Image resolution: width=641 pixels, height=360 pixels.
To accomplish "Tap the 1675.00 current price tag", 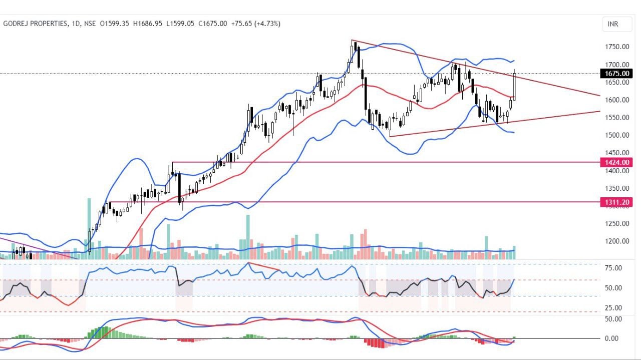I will click(616, 74).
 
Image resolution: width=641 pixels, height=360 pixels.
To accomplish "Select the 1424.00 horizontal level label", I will click(616, 162).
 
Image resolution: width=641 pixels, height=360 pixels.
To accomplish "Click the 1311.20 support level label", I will click(616, 202).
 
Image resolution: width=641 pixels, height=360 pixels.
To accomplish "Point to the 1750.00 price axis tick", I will click(617, 47).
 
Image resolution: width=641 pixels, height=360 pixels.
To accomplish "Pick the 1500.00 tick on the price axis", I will click(617, 135).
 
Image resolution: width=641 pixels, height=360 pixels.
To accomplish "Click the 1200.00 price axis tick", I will click(617, 241).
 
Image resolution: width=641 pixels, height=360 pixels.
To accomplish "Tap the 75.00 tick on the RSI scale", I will click(613, 268).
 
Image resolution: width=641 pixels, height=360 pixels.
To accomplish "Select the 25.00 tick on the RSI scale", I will click(613, 308).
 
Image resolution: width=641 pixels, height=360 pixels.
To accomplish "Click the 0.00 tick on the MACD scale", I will click(613, 338).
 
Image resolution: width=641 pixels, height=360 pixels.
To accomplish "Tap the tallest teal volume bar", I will click(89, 228).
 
